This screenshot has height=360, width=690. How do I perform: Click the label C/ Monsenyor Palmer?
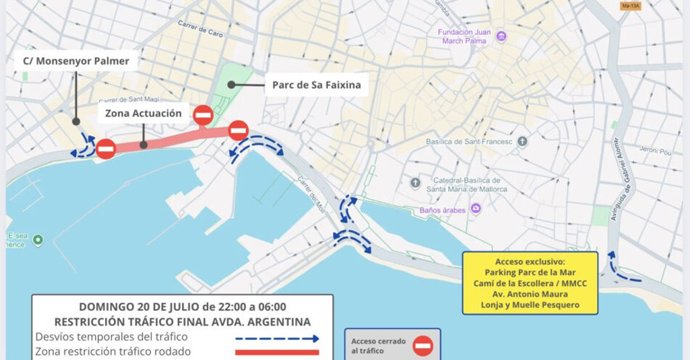(x=76, y=61)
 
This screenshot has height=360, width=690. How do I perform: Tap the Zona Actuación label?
(x=143, y=114)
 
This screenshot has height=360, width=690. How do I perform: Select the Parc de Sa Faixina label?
(x=317, y=86)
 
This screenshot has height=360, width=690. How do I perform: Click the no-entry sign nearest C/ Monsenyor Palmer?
(x=105, y=149)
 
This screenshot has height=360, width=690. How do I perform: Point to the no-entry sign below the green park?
(x=204, y=116)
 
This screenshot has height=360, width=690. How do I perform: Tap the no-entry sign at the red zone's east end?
(x=238, y=130)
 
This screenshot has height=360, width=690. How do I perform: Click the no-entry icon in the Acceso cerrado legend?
(x=424, y=345)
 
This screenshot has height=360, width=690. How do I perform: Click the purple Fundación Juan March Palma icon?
(x=501, y=37)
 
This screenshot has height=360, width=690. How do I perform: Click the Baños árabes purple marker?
(x=477, y=209)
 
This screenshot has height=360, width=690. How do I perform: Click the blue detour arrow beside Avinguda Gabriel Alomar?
(x=625, y=273)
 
